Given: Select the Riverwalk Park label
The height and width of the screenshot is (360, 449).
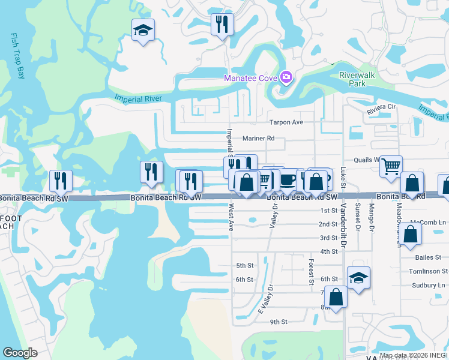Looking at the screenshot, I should [353, 79].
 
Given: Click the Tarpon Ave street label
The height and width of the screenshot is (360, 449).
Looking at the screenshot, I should [286, 122].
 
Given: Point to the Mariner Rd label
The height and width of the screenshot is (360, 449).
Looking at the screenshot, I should [258, 138].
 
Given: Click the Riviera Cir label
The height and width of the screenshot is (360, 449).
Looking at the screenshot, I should [383, 107].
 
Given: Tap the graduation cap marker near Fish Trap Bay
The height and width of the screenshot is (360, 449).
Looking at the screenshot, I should [143, 30].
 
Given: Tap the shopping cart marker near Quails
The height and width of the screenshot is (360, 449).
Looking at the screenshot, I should [391, 166].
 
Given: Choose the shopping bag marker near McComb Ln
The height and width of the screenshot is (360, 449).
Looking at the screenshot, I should [412, 234].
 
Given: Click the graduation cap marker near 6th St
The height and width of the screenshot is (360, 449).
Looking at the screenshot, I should [358, 277].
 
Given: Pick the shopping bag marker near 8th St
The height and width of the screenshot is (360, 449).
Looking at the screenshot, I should [336, 296].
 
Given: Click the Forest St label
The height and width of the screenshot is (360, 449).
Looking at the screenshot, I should [311, 271].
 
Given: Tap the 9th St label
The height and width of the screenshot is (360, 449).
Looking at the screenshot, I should [279, 322].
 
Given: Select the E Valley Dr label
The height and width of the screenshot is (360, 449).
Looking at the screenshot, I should [265, 298].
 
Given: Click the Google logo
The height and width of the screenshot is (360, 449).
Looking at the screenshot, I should [20, 353].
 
